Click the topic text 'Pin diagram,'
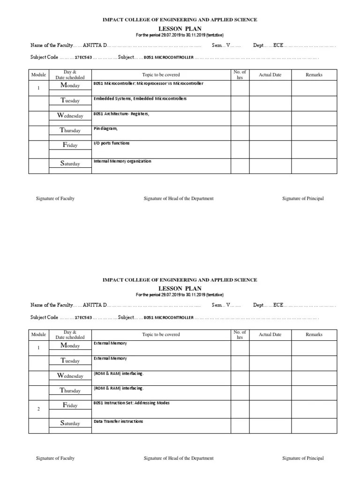point(105,128)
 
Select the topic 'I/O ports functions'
point(112,143)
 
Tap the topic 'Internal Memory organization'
point(122,161)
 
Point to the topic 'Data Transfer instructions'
point(118,421)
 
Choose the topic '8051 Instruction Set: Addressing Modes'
point(131,403)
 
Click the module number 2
point(38,409)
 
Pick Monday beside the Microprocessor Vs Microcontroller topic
point(70,85)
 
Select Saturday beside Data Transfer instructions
point(70,423)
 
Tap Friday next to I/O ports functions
point(70,145)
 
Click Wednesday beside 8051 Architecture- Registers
point(70,115)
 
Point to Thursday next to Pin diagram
point(70,130)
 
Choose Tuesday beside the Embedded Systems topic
point(70,100)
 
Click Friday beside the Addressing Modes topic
point(70,405)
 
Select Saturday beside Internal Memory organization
point(70,164)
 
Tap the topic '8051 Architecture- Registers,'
point(121,114)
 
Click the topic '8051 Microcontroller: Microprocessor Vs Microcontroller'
point(148,83)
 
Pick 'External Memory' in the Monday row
point(110,343)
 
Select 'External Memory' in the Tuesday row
point(110,358)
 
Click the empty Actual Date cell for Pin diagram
point(270,133)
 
